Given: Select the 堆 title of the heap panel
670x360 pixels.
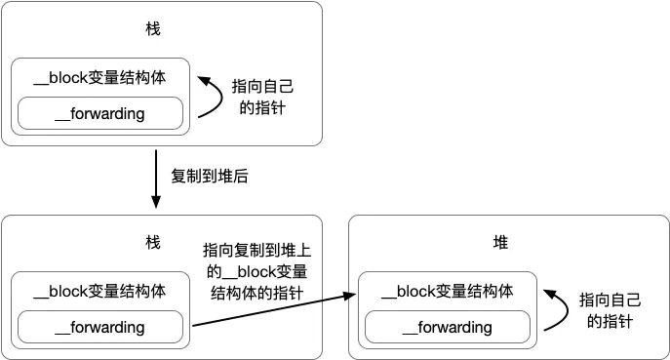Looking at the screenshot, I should [x=500, y=242].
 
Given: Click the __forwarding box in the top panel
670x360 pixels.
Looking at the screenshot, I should [x=100, y=114].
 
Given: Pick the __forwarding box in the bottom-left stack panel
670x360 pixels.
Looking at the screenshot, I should [x=100, y=327].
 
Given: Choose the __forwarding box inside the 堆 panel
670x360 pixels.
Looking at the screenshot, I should [x=448, y=328].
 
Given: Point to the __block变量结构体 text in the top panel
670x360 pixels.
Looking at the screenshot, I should [x=99, y=79].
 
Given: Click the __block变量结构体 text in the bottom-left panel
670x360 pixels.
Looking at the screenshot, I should [x=99, y=291].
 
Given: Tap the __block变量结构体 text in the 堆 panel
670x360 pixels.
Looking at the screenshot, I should [x=447, y=291].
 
